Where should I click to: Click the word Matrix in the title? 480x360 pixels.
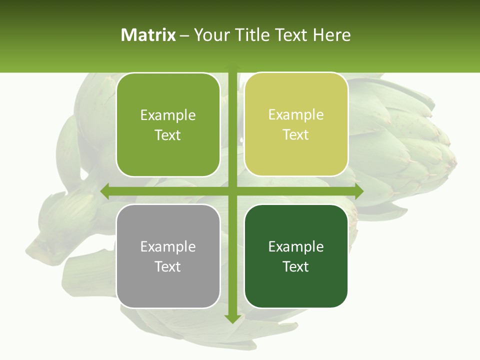(x=148, y=35)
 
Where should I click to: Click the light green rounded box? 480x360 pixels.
(x=168, y=124)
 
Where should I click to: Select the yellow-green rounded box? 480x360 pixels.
(x=296, y=124)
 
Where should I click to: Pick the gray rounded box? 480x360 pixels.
(x=168, y=256)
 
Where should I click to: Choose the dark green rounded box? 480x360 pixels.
(x=296, y=256)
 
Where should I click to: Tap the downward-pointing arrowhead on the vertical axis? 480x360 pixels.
(x=232, y=318)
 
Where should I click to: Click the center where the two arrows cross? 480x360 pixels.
(x=232, y=191)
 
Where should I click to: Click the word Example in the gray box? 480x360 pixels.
(x=168, y=246)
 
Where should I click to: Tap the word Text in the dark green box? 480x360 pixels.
(x=296, y=266)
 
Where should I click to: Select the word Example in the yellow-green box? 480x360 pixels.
(x=296, y=114)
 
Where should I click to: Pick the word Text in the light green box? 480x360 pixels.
(x=168, y=135)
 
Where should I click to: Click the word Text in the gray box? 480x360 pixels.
(x=168, y=266)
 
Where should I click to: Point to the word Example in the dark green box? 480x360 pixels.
(x=296, y=246)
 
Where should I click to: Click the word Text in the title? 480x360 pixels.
(x=291, y=35)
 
